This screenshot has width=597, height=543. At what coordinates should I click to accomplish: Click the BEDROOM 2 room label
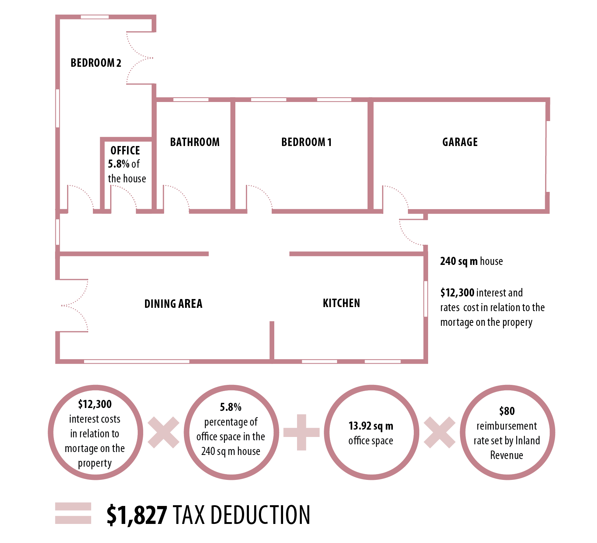[96, 63]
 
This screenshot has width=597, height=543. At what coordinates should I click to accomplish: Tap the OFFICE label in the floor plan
[125, 150]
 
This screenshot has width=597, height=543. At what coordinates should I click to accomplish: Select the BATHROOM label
[195, 142]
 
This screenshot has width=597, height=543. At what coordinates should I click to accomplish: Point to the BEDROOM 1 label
[306, 142]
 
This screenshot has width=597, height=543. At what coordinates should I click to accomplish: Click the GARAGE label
[460, 142]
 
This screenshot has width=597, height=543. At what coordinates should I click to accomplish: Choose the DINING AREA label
[173, 304]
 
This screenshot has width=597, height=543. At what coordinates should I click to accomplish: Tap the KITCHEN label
[341, 303]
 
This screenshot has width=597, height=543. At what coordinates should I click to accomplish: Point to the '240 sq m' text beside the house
[459, 261]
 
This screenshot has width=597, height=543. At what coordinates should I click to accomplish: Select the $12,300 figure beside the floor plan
[457, 293]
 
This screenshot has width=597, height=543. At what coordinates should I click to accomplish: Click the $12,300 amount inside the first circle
[95, 404]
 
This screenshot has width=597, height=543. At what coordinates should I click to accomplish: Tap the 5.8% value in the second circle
[231, 407]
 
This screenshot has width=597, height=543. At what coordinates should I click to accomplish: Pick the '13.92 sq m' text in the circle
[371, 426]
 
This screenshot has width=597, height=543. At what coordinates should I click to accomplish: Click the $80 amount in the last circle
[507, 411]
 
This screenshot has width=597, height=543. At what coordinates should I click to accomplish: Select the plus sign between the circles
[301, 432]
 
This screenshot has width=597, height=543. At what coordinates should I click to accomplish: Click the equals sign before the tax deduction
[73, 513]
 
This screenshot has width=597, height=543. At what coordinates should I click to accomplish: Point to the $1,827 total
[137, 515]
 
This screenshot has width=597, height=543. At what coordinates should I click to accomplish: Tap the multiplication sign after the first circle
[163, 432]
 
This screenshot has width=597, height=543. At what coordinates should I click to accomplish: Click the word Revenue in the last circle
[507, 455]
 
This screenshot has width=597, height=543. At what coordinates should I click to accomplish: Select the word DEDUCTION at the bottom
[261, 515]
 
